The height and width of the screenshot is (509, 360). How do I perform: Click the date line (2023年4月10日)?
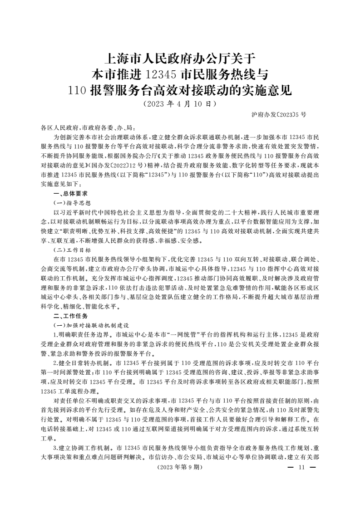[179, 103]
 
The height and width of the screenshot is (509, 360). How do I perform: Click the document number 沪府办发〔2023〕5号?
[279, 115]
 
